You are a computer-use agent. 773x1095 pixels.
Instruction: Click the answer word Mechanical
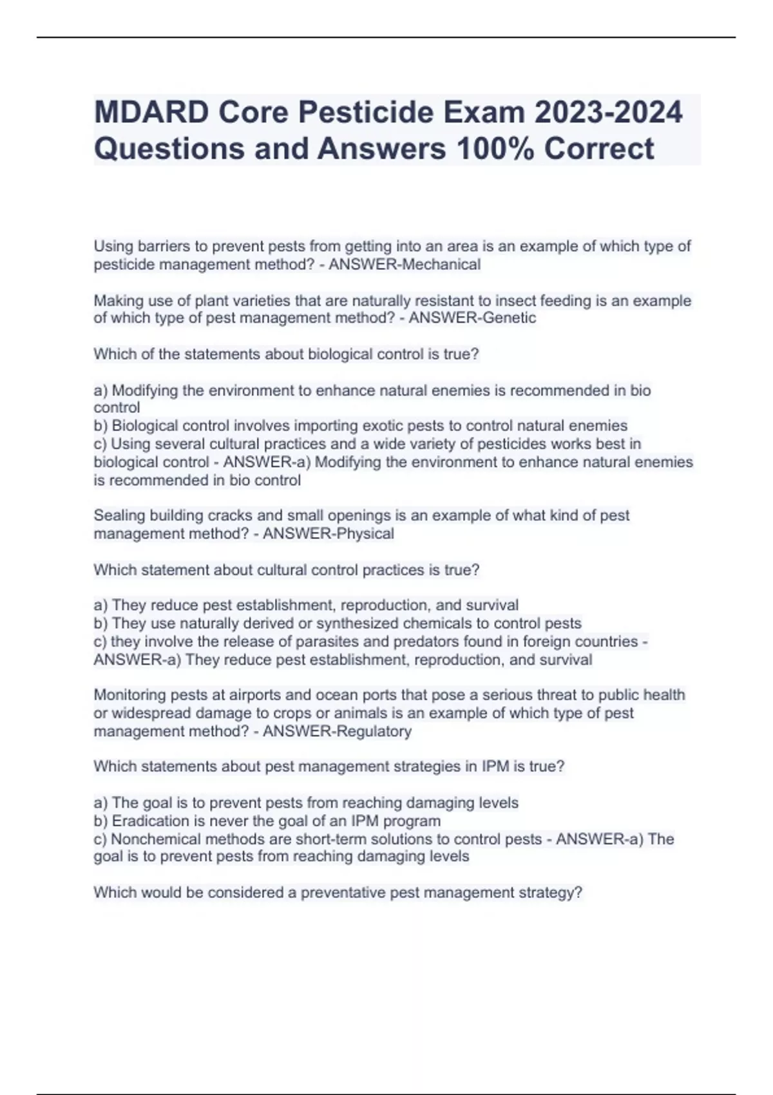[x=441, y=265]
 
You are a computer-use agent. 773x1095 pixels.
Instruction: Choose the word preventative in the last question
[x=348, y=893]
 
